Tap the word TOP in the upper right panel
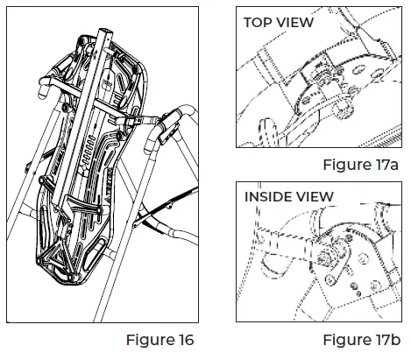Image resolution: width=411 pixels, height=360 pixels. tap(261, 23)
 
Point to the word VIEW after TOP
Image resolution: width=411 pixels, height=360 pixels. tap(296, 23)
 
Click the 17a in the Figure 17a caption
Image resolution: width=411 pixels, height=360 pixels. tap(389, 165)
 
